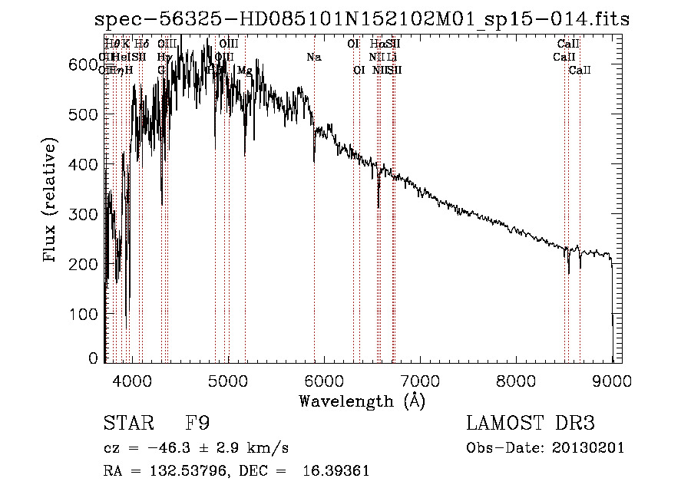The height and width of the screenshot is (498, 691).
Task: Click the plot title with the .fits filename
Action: pos(362,20)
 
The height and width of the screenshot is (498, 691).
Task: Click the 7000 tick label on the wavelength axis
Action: pos(420,381)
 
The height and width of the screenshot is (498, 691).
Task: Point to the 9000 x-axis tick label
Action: pos(612,381)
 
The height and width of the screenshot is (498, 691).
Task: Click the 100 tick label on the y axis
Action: pos(84,314)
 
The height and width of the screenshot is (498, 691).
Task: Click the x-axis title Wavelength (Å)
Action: pos(362,401)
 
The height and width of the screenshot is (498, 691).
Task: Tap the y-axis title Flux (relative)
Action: pos(51,202)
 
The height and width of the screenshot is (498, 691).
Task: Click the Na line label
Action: pos(313,57)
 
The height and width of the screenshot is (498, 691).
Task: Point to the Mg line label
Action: pos(244,71)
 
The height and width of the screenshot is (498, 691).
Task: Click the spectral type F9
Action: pos(197,424)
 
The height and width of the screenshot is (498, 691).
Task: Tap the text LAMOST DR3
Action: pos(531,424)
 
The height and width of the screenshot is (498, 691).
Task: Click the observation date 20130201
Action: pos(590,447)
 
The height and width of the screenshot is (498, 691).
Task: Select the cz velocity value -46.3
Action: pos(164,447)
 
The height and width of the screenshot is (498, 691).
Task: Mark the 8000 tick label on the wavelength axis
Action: pos(516,381)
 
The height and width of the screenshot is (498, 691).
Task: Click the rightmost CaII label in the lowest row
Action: pos(580,71)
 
